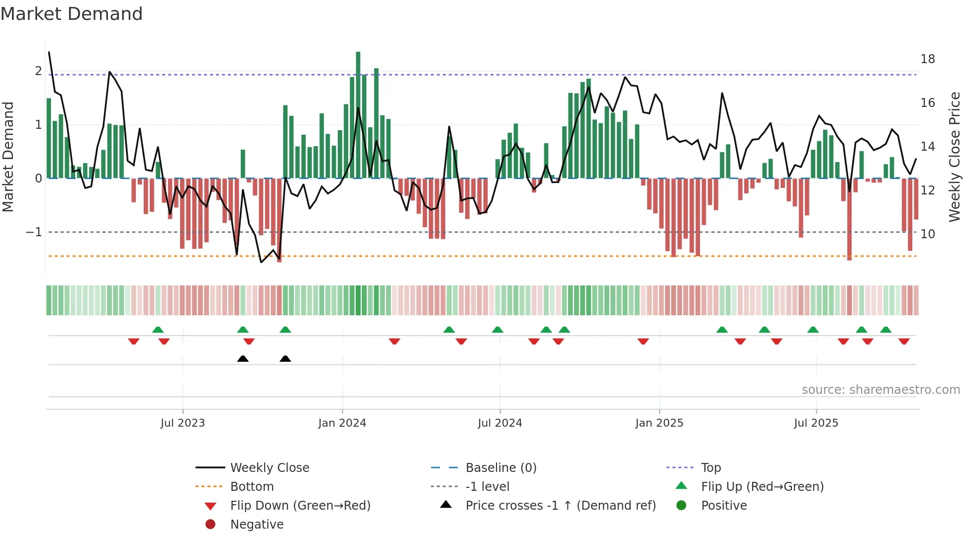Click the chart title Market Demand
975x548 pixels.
click(x=72, y=14)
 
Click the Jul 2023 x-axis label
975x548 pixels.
click(x=183, y=423)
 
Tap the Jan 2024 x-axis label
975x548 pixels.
click(x=342, y=423)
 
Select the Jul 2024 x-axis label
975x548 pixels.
click(x=500, y=423)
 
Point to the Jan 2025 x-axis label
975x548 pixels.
click(x=659, y=423)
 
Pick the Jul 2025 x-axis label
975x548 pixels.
click(x=816, y=423)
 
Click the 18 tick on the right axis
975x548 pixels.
click(x=928, y=59)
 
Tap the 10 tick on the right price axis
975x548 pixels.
click(x=928, y=234)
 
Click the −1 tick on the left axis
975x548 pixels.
click(x=34, y=232)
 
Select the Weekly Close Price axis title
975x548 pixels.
click(x=954, y=157)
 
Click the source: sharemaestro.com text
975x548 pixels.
click(x=880, y=390)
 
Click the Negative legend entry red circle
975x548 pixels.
click(x=210, y=525)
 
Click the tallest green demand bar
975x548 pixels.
click(x=358, y=114)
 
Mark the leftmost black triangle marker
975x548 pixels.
click(x=243, y=359)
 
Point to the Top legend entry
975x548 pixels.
click(x=711, y=468)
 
